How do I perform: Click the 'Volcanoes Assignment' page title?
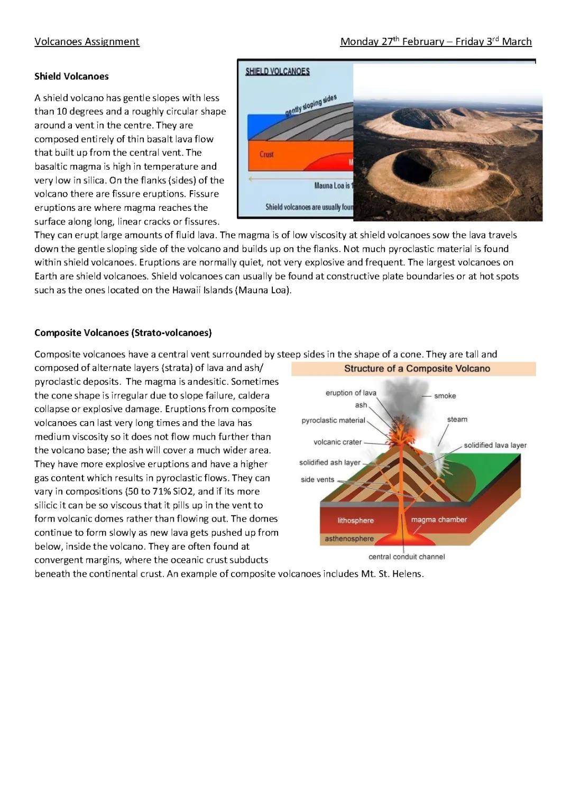[87, 42]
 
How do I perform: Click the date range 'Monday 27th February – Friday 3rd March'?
[436, 42]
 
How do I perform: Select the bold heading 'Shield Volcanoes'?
[71, 76]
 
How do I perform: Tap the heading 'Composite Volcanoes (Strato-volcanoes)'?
[123, 332]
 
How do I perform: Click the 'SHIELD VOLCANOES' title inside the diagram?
[278, 71]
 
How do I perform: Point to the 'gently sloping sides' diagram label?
[311, 105]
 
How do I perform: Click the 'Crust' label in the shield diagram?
[266, 154]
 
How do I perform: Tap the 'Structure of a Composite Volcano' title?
[417, 368]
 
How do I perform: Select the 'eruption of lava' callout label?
[351, 393]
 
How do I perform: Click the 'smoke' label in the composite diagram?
[445, 396]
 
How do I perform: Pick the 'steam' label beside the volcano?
[457, 419]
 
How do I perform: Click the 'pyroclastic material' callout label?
[333, 420]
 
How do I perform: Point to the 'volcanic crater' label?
[337, 442]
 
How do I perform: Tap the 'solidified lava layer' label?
[495, 445]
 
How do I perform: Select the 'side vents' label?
[317, 479]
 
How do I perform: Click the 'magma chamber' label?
[439, 520]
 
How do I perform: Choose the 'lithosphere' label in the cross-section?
[355, 520]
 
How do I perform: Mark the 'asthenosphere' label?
[349, 539]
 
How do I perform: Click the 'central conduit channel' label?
[407, 556]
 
